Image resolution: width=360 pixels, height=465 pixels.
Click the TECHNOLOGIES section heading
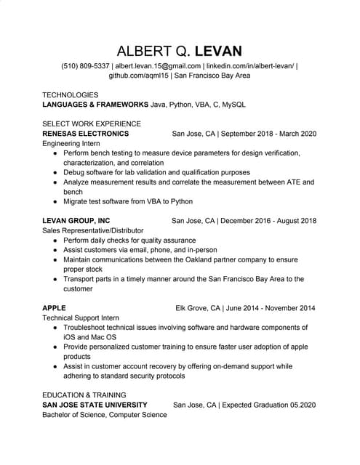pos(70,95)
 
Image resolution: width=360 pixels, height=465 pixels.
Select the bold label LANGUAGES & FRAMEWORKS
pos(95,105)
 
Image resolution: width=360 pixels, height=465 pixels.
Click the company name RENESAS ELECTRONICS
pos(86,134)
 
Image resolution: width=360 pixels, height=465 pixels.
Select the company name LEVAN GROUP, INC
pos(76,220)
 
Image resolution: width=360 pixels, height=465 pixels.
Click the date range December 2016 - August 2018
pos(268,220)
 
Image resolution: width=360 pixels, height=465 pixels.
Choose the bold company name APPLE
pos(54,307)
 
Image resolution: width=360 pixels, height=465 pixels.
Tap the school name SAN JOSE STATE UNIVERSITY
pos(95,404)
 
